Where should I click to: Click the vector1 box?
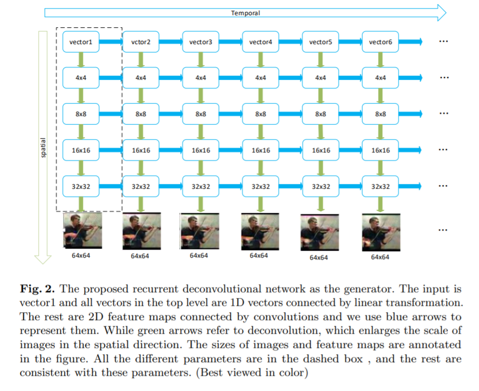click(80, 42)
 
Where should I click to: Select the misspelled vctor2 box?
click(140, 42)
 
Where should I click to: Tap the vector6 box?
click(380, 42)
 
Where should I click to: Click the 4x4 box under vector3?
click(200, 78)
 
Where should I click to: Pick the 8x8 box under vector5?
click(320, 114)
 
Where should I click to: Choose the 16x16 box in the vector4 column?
click(260, 150)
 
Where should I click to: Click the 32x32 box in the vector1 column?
click(80, 186)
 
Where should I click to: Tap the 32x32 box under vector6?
click(380, 186)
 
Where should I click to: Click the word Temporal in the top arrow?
click(246, 13)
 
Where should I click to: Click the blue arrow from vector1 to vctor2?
click(110, 42)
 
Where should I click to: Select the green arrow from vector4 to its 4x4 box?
click(260, 60)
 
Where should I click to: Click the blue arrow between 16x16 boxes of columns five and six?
click(350, 150)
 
